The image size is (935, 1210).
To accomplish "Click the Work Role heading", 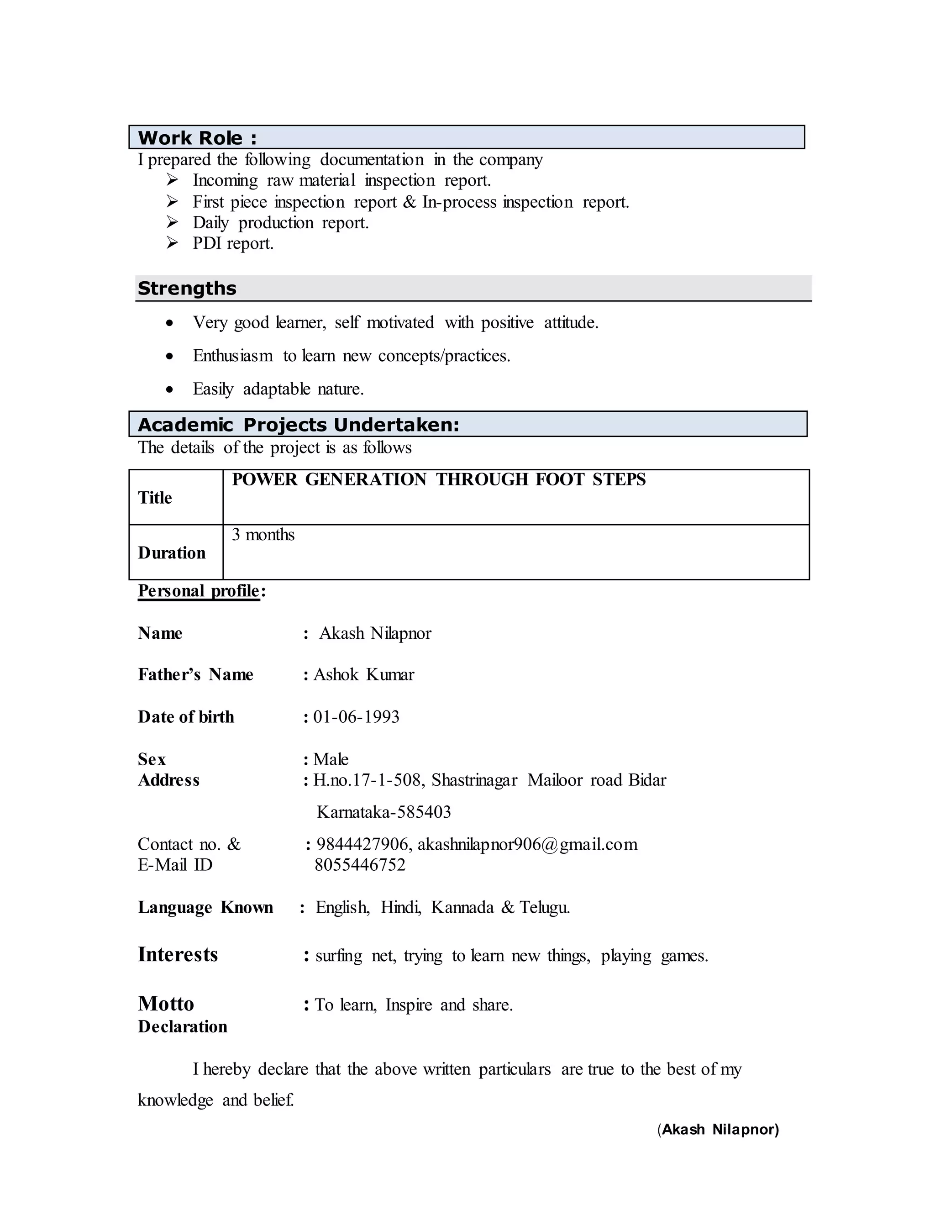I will coord(197,137).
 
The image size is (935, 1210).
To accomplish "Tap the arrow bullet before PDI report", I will coord(172,242).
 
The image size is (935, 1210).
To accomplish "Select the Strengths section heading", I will coord(187,288).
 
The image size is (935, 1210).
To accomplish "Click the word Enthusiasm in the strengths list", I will coord(233,356).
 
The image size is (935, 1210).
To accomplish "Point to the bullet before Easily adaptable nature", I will coord(169,389).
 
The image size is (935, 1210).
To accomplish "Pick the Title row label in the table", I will coord(155,498).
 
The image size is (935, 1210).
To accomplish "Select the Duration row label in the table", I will coord(172,552).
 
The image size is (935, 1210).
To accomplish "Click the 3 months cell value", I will coord(263,535).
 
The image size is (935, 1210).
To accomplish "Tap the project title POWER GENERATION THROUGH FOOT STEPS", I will coord(439,479).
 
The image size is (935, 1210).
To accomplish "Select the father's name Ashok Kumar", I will coord(364,674).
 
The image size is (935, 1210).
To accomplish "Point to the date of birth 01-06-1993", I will coord(356,717).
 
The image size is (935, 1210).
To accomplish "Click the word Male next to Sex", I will coord(331,759).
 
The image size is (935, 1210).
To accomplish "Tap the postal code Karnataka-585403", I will coord(384,812).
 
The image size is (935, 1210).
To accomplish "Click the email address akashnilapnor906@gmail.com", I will coord(527,844).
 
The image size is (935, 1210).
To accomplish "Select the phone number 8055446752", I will coord(360,865).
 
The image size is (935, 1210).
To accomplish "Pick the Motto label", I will coord(166,1003).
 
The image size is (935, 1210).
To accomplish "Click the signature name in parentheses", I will coord(719,1129).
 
